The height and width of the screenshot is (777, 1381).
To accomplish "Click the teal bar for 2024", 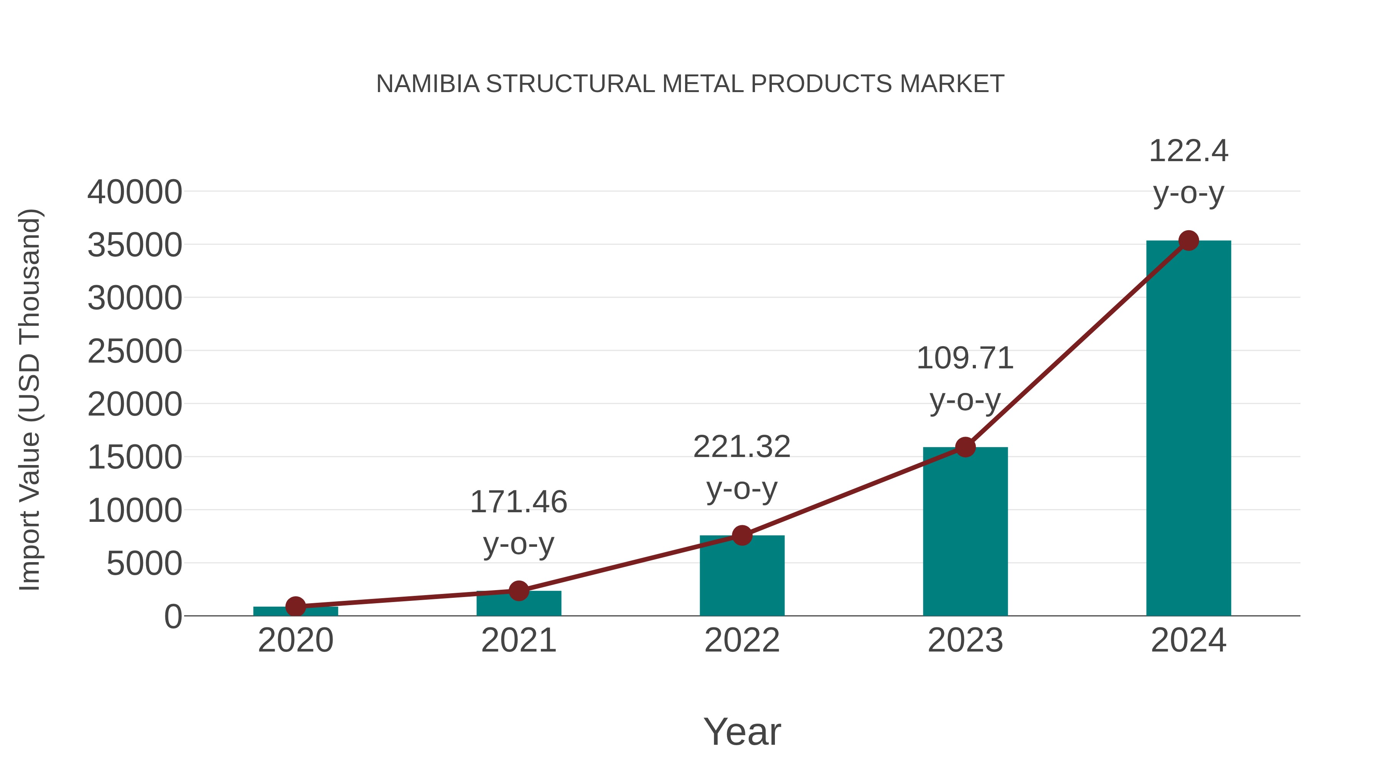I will click(1188, 429).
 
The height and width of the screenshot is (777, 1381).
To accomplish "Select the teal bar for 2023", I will click(965, 531).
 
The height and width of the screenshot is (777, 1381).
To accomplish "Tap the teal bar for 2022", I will click(742, 576).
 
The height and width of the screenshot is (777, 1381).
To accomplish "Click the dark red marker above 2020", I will click(295, 607).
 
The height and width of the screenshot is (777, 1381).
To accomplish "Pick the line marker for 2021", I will click(518, 591).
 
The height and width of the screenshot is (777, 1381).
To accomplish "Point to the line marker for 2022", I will click(742, 535).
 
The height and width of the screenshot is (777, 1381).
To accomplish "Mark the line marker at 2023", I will click(965, 447).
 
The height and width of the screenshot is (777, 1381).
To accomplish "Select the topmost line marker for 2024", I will click(1188, 241).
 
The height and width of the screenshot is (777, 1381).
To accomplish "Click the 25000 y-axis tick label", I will click(135, 352).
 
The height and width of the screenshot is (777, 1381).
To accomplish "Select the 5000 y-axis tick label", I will click(144, 564).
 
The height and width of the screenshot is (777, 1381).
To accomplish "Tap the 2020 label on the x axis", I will click(295, 640).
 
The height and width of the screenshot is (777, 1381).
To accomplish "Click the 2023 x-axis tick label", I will click(965, 640).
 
